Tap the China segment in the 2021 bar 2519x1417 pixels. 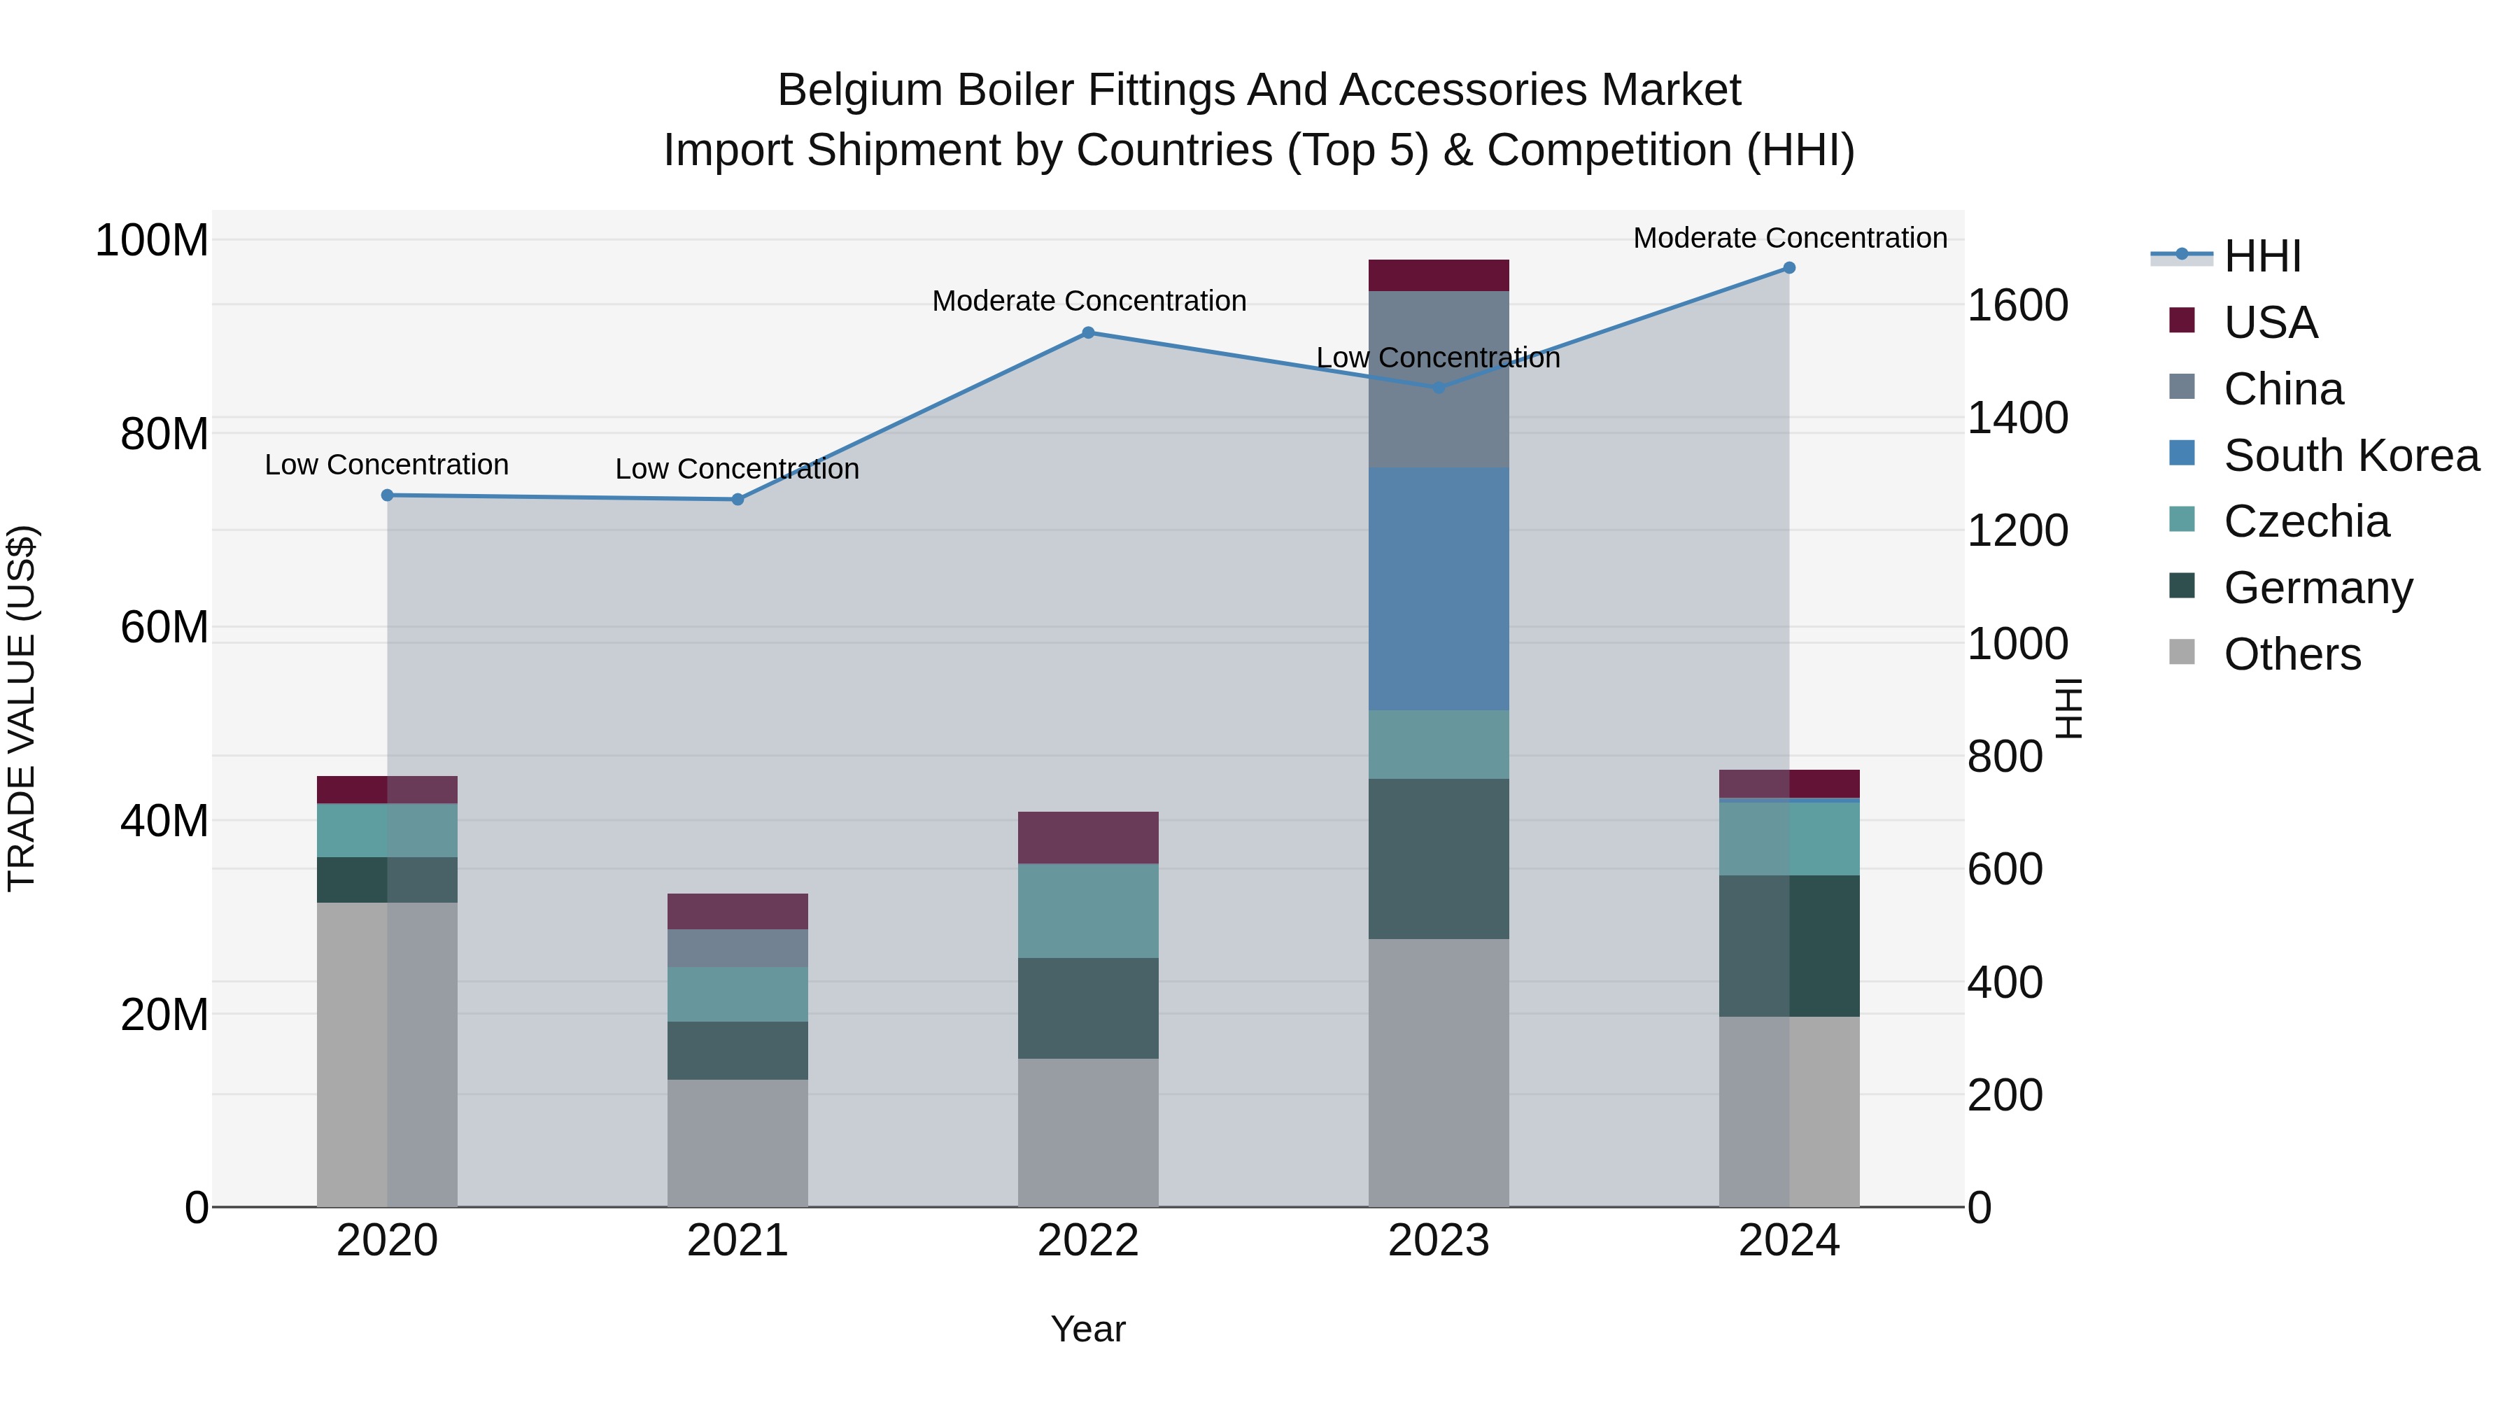point(738,947)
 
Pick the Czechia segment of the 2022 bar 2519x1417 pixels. point(1087,910)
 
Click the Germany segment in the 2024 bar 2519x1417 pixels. point(1788,945)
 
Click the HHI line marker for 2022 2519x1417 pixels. point(1087,332)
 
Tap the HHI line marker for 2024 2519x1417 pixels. point(1788,267)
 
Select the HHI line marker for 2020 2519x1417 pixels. point(387,495)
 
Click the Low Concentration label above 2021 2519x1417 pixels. point(738,470)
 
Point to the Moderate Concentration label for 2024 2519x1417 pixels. point(1789,238)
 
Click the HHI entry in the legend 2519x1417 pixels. point(2262,256)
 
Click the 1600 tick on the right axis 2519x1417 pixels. point(2017,306)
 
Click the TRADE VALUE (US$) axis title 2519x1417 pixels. point(22,708)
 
